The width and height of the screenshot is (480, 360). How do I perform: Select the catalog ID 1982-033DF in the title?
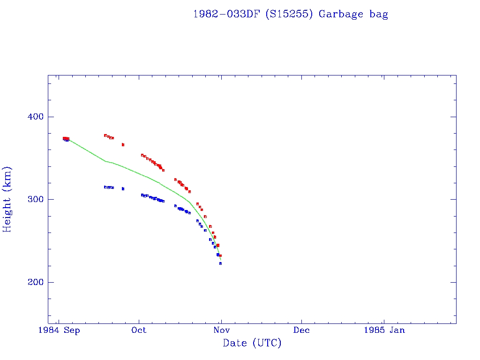point(227,14)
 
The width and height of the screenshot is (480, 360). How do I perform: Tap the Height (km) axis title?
point(7,199)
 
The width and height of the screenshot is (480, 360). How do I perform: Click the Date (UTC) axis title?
point(252,343)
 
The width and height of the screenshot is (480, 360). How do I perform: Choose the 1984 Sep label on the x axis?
point(59,330)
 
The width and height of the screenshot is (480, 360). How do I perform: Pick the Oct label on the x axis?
point(139,330)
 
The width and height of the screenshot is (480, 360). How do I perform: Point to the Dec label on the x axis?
point(301,330)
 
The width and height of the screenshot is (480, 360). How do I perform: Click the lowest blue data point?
point(220,263)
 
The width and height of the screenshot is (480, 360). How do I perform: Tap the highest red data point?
point(105,135)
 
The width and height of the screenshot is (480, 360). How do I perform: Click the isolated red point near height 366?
point(123,145)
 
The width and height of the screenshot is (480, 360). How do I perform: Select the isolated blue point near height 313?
point(123,189)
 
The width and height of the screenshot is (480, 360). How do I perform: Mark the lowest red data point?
point(220,255)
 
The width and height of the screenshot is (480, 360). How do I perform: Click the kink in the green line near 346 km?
point(105,161)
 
